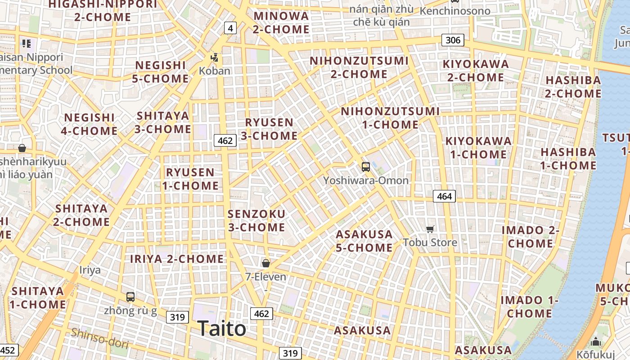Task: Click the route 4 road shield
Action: coord(230,28)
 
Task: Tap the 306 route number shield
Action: coord(453,40)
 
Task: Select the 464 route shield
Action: coord(444,196)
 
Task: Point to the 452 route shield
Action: coord(9,351)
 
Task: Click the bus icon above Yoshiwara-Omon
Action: coord(366,167)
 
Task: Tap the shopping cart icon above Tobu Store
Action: coord(430,229)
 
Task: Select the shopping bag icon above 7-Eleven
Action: coord(266,263)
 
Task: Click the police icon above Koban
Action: coord(215,58)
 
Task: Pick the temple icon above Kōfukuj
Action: coord(596,342)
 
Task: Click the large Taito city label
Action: coord(221,328)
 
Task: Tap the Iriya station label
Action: coord(90,270)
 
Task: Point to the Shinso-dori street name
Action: coord(100,338)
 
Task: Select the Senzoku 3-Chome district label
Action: coord(256,220)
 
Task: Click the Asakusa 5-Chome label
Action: coord(364,241)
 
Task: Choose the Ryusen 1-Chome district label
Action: coord(190,179)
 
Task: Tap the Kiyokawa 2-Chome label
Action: coord(476,71)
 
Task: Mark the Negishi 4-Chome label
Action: coord(90,124)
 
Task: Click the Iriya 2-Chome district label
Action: coord(177,259)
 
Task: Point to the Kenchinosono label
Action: coord(455,10)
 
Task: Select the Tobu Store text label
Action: coord(430,243)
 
